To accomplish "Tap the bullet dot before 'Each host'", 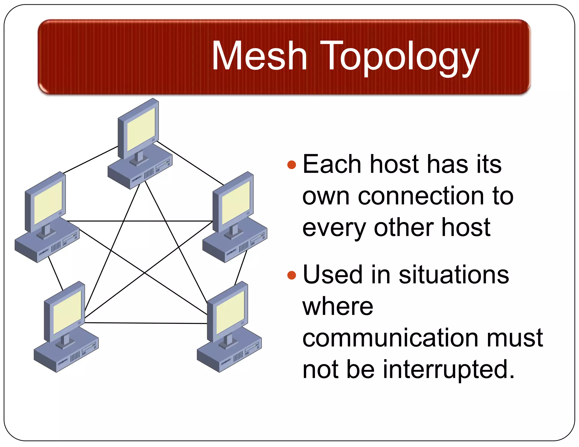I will [x=291, y=164].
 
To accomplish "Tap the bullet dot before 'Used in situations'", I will [x=291, y=275].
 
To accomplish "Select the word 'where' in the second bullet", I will [x=338, y=307].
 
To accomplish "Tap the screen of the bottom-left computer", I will [x=67, y=312].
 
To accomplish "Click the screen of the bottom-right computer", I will [x=230, y=312].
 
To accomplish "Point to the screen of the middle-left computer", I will [x=48, y=202].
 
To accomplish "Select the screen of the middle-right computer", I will [x=236, y=202].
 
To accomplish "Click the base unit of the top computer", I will [x=133, y=175].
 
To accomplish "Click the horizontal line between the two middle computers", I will [x=140, y=221].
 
